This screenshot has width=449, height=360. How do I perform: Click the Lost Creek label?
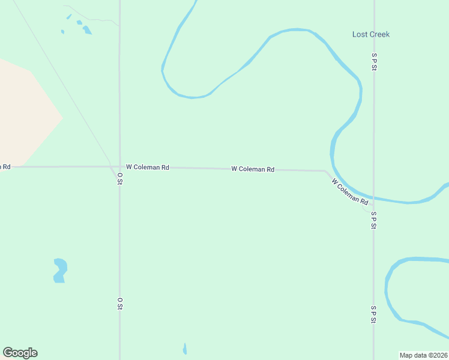point(370,34)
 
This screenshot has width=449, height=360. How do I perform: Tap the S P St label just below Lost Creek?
point(373,62)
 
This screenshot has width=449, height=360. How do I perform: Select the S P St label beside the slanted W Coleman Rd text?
point(373,220)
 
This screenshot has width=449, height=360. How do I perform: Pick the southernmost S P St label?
point(373,314)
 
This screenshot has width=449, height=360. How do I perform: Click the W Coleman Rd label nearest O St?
point(147,167)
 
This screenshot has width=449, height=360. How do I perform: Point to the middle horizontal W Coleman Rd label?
point(253,170)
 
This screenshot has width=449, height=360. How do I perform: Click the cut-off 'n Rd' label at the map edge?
point(5,166)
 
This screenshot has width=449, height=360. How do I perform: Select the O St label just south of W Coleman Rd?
point(120,178)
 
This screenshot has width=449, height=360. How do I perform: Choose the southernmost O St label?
point(120,304)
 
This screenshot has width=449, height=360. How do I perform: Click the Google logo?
point(20,353)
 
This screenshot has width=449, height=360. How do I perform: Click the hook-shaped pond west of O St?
point(59,269)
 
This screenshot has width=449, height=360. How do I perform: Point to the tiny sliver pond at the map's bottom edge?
point(185,349)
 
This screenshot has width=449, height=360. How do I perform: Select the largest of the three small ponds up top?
point(87,29)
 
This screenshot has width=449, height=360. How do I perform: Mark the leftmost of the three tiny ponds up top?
point(62,32)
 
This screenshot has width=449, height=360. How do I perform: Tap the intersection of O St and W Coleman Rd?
point(119,167)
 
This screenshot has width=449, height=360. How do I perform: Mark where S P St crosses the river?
point(373,198)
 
